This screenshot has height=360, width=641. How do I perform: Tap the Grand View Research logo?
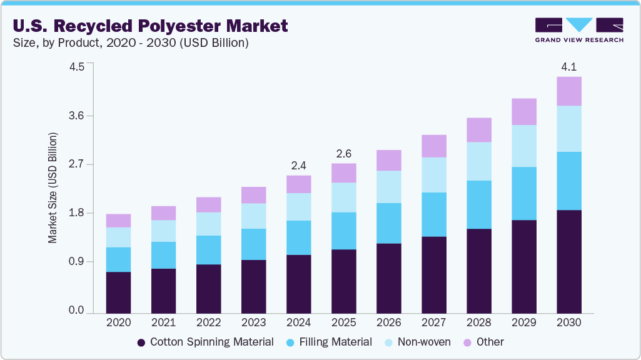point(578,30)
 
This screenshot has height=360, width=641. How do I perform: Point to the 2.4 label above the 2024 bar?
point(298,166)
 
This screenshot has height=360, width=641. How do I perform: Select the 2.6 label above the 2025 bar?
point(343,153)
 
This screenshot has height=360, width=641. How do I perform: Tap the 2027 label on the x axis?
point(433,323)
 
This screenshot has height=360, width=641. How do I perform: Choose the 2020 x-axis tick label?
point(118,323)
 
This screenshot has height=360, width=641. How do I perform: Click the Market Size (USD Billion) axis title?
point(53,187)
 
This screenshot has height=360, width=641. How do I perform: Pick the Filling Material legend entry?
point(329,342)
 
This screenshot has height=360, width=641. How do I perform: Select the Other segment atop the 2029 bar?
point(523,111)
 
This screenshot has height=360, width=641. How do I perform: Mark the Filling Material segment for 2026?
point(388,223)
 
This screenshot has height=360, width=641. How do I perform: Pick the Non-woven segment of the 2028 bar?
point(478,161)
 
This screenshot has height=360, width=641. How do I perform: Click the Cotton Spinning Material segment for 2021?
point(163,291)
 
